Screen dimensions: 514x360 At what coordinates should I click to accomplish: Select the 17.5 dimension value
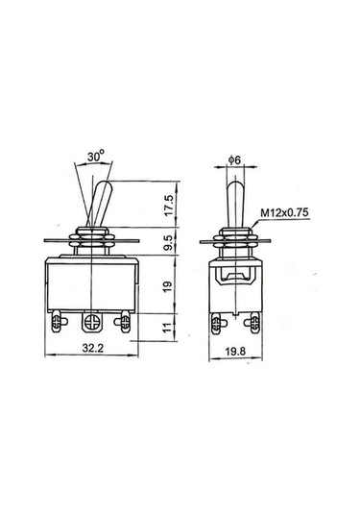click(168, 205)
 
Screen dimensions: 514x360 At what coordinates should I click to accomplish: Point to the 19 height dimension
click(168, 286)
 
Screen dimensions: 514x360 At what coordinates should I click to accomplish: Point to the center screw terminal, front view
click(93, 320)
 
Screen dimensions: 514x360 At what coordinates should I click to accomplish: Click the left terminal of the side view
click(218, 321)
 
